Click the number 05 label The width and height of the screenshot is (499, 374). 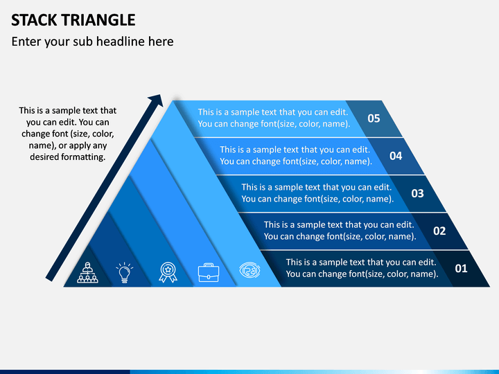pyautogui.click(x=374, y=118)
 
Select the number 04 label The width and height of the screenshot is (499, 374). pyautogui.click(x=396, y=156)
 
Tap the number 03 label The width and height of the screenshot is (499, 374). pyautogui.click(x=417, y=193)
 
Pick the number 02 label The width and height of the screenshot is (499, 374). pyautogui.click(x=439, y=231)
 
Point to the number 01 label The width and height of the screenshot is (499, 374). pyautogui.click(x=461, y=269)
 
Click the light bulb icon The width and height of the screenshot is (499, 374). pyautogui.click(x=125, y=273)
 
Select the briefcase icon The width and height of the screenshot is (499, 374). pyautogui.click(x=209, y=273)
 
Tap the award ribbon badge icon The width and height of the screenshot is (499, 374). pyautogui.click(x=168, y=272)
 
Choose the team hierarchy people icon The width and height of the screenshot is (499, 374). pyautogui.click(x=87, y=273)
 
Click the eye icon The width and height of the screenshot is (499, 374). pyautogui.click(x=249, y=270)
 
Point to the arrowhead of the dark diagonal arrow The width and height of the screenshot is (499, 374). pyautogui.click(x=157, y=100)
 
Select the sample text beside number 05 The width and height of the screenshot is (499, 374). pyautogui.click(x=274, y=118)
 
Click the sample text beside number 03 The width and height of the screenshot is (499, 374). pyautogui.click(x=317, y=193)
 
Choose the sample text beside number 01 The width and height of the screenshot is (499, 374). pyautogui.click(x=362, y=268)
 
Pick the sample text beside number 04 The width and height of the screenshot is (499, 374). pyautogui.click(x=296, y=156)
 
